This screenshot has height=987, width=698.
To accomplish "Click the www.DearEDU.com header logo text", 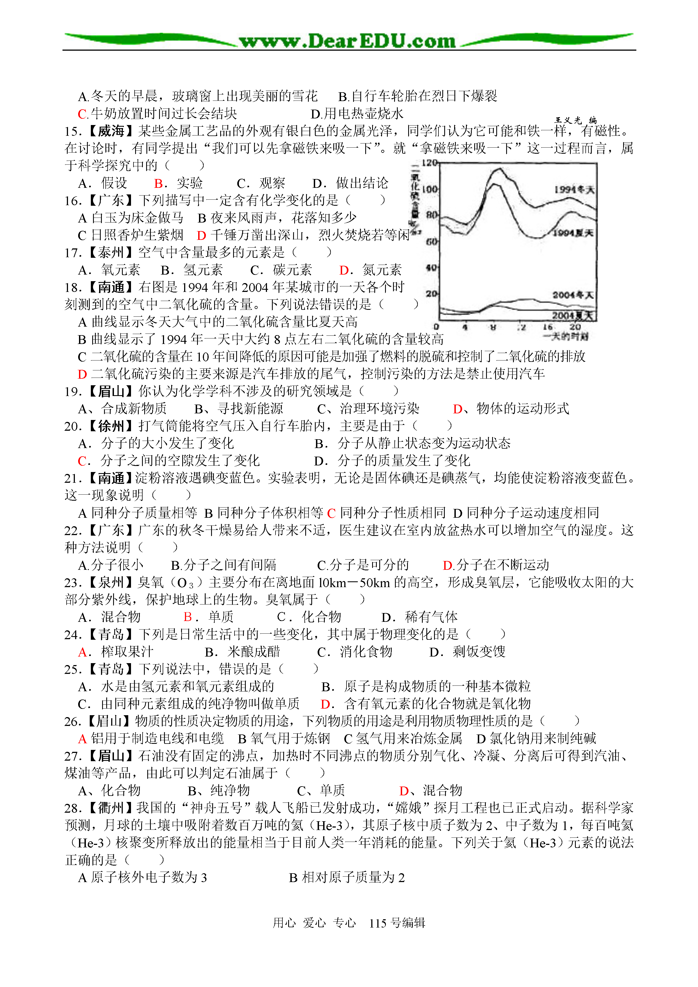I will [x=347, y=41].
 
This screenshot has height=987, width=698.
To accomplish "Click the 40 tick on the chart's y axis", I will [x=431, y=267].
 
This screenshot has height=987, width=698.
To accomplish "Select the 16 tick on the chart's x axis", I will [x=547, y=327].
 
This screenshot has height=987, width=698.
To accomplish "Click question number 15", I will [x=72, y=131].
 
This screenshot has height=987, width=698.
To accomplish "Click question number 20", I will [x=72, y=426].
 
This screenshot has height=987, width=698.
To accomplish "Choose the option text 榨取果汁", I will [x=127, y=652].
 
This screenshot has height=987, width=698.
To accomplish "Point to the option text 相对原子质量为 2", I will [x=353, y=878].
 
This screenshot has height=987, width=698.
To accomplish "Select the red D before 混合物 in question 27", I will [x=404, y=791].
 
